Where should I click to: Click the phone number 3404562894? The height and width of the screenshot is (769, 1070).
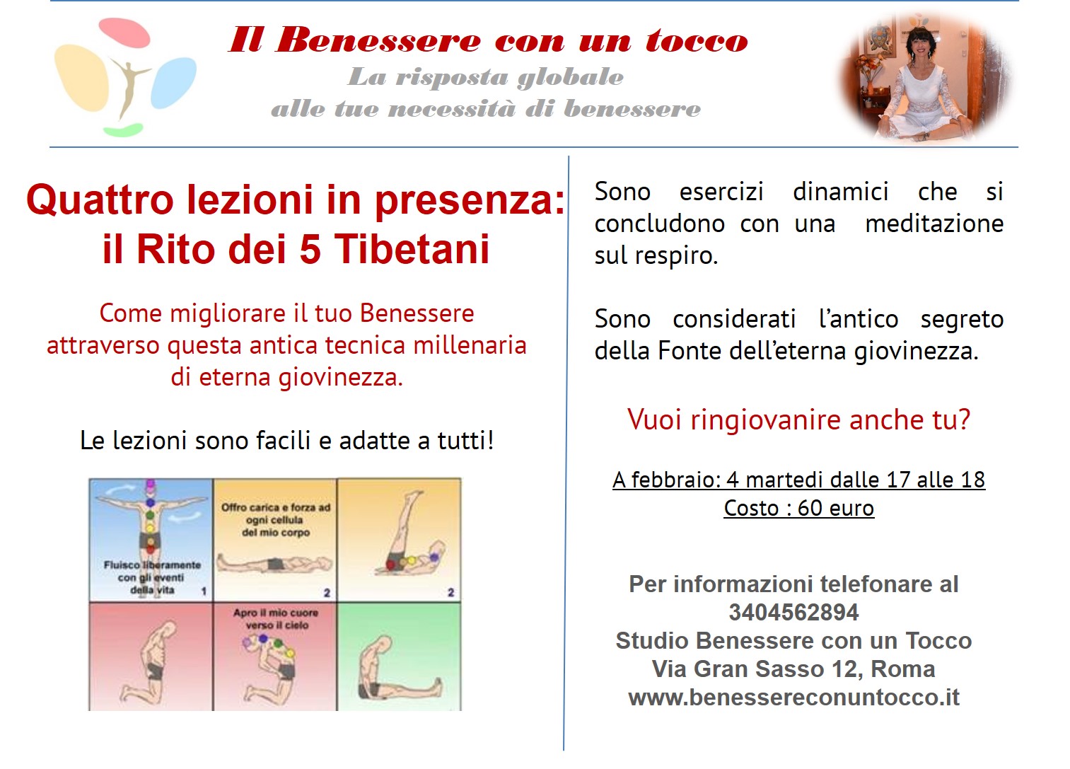793,612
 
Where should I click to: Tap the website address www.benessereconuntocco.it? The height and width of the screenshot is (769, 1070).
793,698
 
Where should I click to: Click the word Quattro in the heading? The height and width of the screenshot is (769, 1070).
100,200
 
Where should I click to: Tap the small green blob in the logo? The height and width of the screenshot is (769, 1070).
123,129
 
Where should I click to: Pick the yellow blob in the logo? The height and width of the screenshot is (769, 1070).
82,77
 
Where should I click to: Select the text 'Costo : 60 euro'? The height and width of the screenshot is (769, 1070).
798,508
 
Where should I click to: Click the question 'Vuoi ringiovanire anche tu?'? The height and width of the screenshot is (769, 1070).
798,420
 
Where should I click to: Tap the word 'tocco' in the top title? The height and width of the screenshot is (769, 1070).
697,40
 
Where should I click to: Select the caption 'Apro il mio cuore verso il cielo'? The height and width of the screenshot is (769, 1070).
276,619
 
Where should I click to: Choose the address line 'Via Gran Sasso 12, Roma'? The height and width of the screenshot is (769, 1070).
793,669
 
